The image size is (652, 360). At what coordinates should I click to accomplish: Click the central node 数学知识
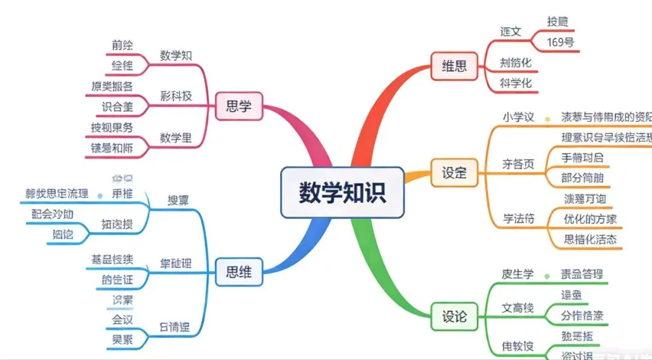342,193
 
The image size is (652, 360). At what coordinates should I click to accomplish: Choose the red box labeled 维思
454,66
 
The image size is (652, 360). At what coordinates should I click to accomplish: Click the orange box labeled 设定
454,172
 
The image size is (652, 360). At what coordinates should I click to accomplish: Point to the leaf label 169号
560,42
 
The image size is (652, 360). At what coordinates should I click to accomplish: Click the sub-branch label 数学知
176,56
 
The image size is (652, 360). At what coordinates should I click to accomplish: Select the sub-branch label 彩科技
176,96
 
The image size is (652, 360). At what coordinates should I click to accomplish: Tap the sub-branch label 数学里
176,138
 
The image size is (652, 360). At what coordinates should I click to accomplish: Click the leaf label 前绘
122,45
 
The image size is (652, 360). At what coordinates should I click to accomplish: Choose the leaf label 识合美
117,108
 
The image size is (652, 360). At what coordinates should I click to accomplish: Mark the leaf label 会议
122,320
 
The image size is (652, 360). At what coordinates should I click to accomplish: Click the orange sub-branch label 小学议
519,117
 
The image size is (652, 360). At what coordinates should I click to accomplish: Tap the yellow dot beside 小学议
547,118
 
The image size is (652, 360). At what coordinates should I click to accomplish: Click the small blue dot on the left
100,195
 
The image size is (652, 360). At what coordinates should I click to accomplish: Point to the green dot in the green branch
546,275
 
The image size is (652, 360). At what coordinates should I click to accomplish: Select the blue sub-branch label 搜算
177,199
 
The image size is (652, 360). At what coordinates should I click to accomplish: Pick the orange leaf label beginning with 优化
590,219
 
